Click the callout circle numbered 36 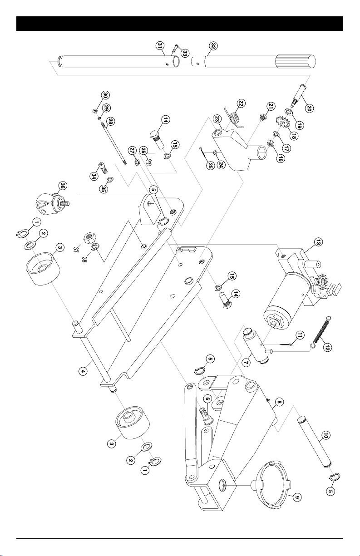tap(63, 186)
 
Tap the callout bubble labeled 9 tap(297, 497)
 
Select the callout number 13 tap(317, 242)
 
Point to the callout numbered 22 tap(241, 103)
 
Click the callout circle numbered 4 tap(83, 371)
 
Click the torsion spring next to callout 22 tap(234, 118)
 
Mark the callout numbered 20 tap(309, 108)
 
